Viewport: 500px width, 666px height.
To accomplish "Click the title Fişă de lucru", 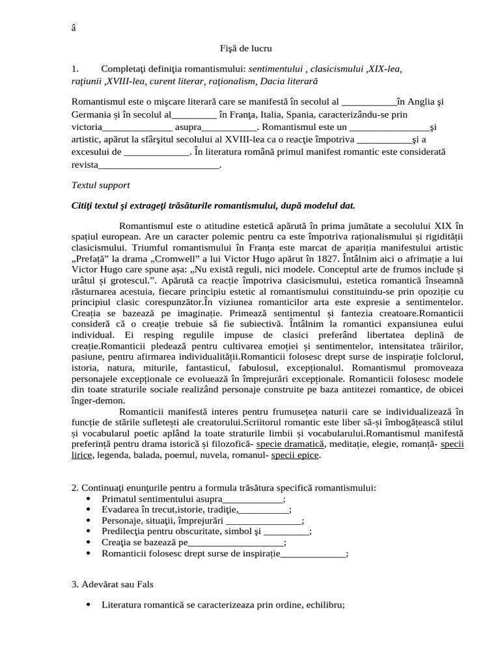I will pyautogui.click(x=245, y=48).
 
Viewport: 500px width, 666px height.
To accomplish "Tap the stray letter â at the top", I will pyautogui.click(x=73, y=27).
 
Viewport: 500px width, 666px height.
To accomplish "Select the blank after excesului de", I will pyautogui.click(x=156, y=152).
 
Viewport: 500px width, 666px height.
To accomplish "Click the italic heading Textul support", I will pyautogui.click(x=100, y=185).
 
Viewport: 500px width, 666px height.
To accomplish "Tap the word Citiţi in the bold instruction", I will pyautogui.click(x=83, y=206).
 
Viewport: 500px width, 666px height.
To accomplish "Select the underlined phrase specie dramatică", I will pyautogui.click(x=290, y=443).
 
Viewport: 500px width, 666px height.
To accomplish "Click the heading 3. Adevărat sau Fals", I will pyautogui.click(x=112, y=584).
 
